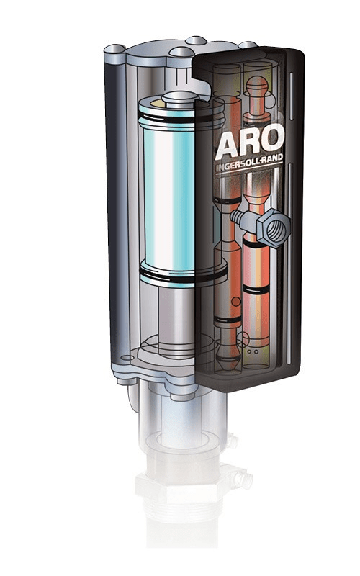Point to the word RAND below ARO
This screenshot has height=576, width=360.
pos(273,159)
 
